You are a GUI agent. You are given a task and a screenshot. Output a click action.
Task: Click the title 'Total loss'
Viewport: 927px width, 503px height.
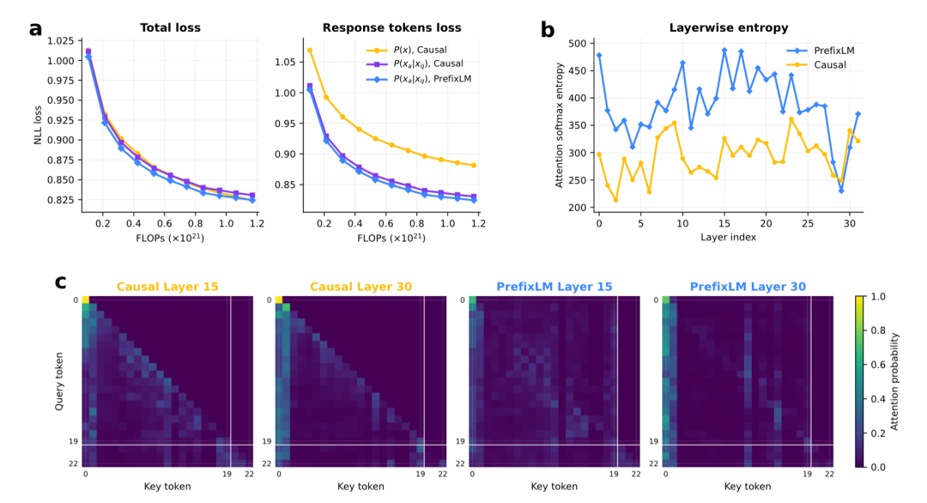[170, 27]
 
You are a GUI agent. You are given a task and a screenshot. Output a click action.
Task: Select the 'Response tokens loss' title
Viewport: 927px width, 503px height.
[391, 27]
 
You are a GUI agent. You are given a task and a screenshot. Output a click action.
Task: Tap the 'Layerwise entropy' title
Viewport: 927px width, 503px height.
[729, 27]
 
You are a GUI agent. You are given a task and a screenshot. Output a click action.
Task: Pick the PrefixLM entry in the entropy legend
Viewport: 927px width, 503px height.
[820, 51]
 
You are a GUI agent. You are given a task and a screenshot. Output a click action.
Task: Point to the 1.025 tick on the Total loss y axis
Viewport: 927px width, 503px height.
[61, 41]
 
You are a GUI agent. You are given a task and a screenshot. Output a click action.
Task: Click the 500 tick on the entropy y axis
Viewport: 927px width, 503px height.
[577, 43]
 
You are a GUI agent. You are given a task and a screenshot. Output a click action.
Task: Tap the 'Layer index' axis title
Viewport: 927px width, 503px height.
[729, 237]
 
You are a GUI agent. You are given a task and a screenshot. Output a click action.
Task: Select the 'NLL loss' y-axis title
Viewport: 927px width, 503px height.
[38, 125]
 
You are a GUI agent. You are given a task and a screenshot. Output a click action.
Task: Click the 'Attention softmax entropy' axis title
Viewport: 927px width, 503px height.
[560, 125]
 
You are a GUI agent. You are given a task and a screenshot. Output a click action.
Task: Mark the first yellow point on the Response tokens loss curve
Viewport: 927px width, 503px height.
[310, 51]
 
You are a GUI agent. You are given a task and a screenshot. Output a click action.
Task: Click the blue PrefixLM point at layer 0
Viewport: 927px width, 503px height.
[599, 56]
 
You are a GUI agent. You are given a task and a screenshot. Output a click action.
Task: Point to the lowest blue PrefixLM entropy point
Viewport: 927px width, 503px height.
[841, 191]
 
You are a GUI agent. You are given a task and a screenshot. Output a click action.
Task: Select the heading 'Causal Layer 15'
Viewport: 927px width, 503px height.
[167, 287]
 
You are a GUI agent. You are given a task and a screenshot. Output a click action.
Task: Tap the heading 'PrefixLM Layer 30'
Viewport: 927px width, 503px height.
[748, 287]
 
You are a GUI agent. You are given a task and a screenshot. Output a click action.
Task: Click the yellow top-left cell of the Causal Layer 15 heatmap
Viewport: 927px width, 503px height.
[85, 300]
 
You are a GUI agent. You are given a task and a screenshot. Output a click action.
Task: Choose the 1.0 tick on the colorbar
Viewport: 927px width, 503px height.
[878, 297]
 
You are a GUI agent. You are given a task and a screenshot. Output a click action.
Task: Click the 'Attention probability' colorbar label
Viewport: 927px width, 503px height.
[894, 382]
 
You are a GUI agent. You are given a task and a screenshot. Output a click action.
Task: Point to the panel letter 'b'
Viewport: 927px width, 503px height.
[548, 29]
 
